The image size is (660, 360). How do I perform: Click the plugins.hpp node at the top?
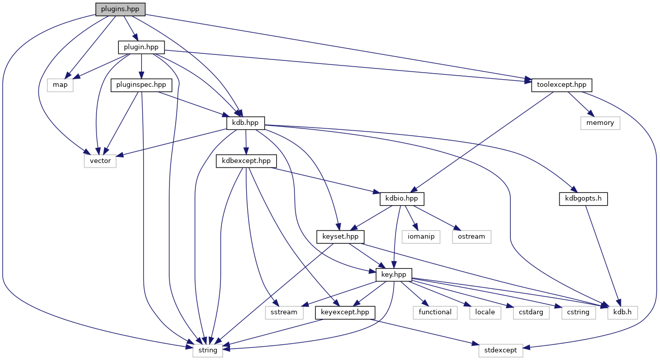[x=120, y=9]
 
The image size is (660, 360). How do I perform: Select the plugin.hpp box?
[x=141, y=47]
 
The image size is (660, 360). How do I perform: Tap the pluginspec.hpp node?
[x=141, y=85]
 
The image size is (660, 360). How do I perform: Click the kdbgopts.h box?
[x=583, y=199]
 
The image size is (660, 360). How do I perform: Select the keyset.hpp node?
[x=340, y=236]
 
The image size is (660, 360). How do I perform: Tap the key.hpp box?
[x=394, y=274]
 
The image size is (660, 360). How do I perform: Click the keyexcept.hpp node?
[x=345, y=312]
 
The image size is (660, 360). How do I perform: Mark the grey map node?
[x=60, y=85]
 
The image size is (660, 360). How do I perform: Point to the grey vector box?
[x=101, y=161]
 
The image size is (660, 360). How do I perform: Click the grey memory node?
[x=600, y=123]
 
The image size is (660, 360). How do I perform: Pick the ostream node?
[x=472, y=236]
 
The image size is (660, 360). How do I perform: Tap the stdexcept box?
[x=501, y=350]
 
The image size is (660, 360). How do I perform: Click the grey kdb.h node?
[x=622, y=312]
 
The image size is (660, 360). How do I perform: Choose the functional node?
[x=435, y=312]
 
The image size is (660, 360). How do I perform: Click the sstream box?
[x=284, y=312]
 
